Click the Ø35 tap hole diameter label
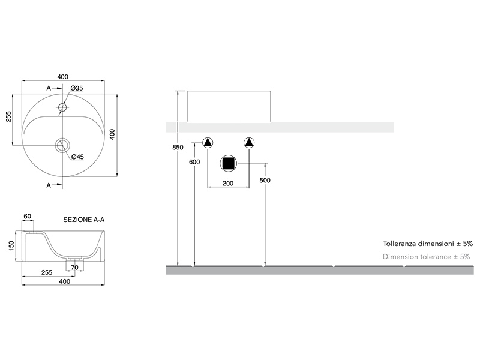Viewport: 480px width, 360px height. tap(77, 88)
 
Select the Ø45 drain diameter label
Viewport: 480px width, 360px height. tap(77, 157)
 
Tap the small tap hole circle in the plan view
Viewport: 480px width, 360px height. tap(62, 107)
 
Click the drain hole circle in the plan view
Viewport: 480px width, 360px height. tap(63, 145)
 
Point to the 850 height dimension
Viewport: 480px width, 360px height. tap(178, 147)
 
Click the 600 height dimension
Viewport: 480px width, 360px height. tap(194, 162)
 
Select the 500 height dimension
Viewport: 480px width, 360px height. tap(265, 181)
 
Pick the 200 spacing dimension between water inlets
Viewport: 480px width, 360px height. tap(228, 184)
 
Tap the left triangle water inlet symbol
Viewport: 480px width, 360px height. tap(208, 143)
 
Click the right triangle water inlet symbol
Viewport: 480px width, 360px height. tap(249, 143)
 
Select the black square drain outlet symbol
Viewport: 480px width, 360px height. tap(229, 163)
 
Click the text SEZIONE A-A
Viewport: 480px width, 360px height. tap(84, 220)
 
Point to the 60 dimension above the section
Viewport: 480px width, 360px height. tap(27, 216)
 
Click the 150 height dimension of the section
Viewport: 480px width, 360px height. tap(11, 246)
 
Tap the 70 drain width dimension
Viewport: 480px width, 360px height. tap(74, 267)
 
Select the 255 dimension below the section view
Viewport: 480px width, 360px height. tap(47, 272)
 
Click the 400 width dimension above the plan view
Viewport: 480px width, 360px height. tap(63, 77)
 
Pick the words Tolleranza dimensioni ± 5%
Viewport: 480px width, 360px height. tap(428, 244)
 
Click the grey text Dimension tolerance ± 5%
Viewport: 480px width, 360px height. tap(426, 257)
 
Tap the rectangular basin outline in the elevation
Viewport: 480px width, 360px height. tap(229, 107)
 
